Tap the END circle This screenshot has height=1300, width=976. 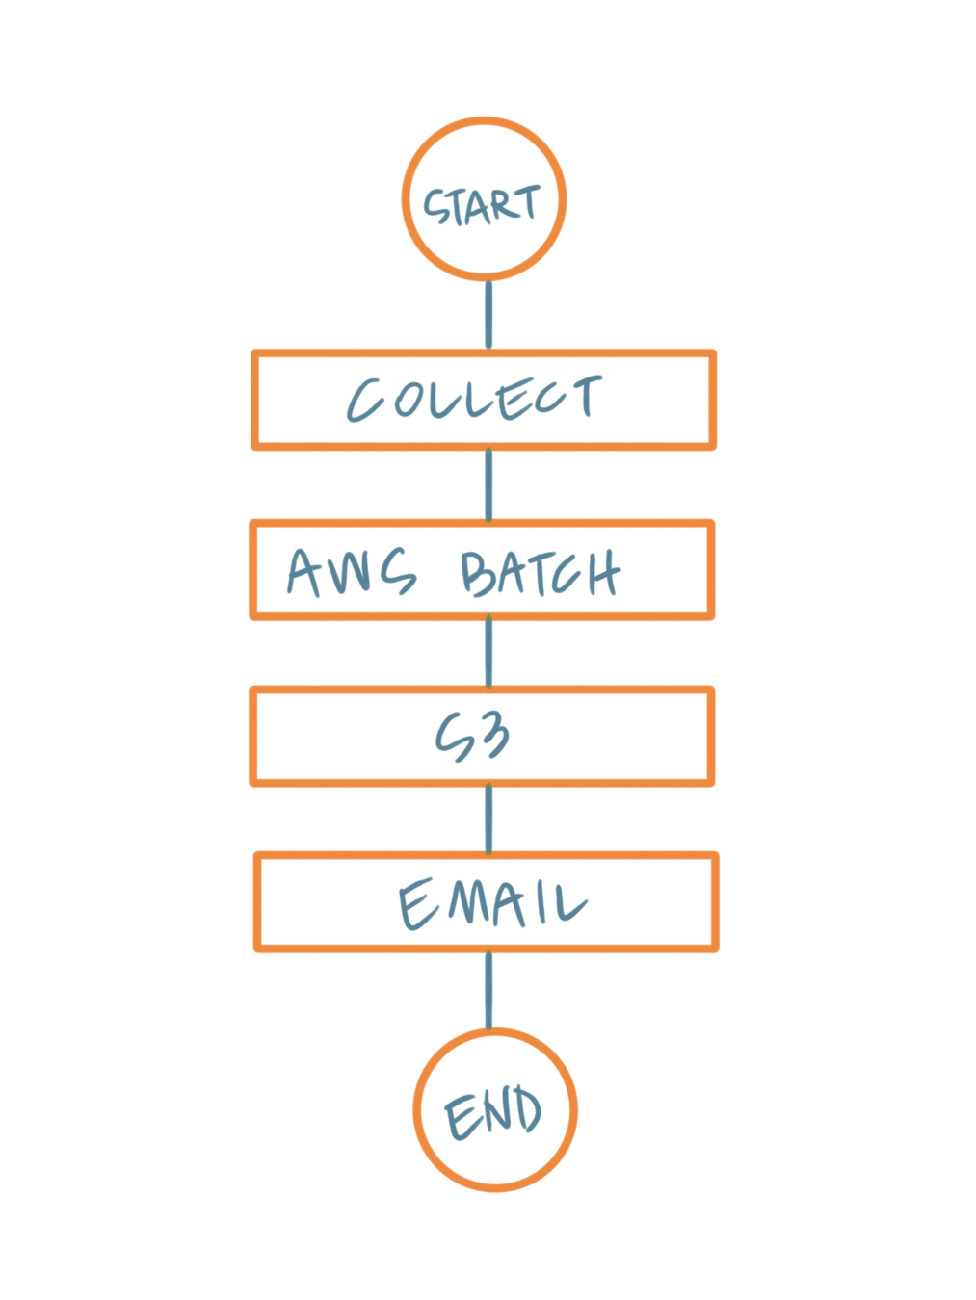[x=495, y=1165]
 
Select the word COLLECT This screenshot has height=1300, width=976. [x=474, y=400]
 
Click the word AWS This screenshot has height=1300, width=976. [x=352, y=571]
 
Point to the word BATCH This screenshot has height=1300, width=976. [x=540, y=573]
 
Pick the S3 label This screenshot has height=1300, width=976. [x=472, y=738]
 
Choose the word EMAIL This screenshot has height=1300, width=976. [x=491, y=903]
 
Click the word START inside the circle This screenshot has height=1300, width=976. [x=482, y=205]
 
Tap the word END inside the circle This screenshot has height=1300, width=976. [x=493, y=1112]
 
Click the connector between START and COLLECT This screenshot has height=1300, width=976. [x=488, y=315]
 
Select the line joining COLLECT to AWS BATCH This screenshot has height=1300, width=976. [x=488, y=484]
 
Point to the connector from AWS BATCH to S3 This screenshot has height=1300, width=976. [x=488, y=653]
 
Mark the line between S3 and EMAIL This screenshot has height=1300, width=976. [x=488, y=819]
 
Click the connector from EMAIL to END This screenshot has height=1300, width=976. [x=488, y=990]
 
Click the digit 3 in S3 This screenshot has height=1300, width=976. [x=493, y=737]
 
